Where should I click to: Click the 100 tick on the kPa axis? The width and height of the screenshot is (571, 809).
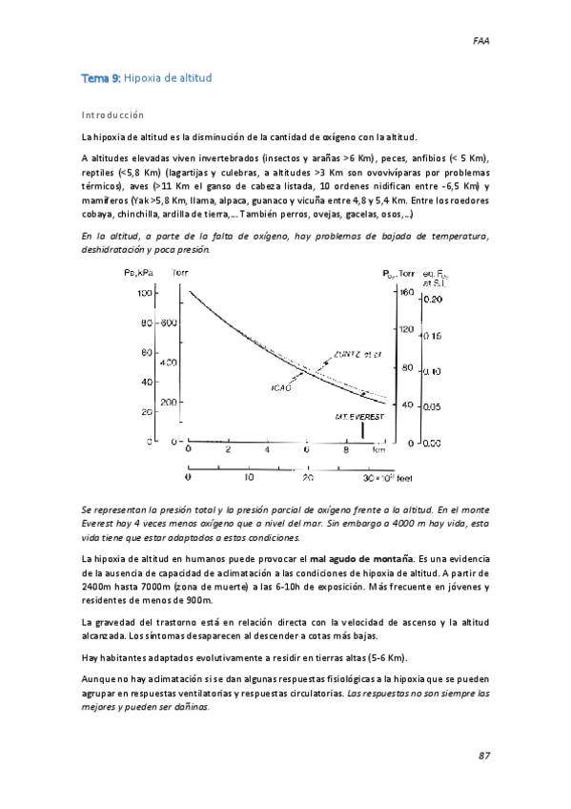coord(145,294)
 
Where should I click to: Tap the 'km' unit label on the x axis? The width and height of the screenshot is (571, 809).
coord(379,447)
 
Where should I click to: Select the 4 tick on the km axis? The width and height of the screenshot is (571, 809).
coord(268,448)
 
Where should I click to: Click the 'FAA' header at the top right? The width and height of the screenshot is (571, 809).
coord(482,41)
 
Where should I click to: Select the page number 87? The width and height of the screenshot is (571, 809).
coord(484,756)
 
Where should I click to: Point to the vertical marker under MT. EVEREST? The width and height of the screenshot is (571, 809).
coord(361,431)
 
